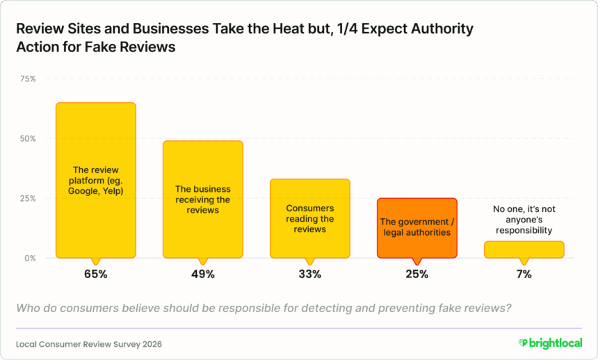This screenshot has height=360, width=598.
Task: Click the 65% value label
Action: (x=96, y=275)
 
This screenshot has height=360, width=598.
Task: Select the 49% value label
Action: (x=203, y=275)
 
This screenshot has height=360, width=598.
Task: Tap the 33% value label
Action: (x=310, y=275)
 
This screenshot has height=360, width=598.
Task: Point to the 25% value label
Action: (x=417, y=275)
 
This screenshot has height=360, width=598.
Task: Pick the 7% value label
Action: (x=524, y=275)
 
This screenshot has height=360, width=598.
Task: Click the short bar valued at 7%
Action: (x=524, y=249)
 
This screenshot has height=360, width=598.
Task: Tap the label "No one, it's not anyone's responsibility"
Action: (x=524, y=219)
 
